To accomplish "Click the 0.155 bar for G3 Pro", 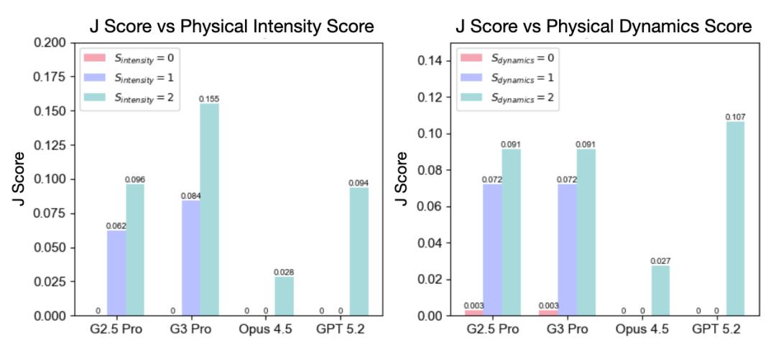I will tap(209, 209).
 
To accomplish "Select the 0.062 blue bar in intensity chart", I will tap(116, 273).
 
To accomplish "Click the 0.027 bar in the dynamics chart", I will tap(660, 291).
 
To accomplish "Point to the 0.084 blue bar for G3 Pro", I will tap(190, 258).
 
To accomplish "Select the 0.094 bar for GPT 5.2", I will tap(359, 251).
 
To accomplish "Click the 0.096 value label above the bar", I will tap(135, 179).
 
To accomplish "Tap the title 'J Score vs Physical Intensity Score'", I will tap(231, 27).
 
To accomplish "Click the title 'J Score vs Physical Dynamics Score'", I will tap(604, 27).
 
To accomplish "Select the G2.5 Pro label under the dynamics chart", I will tap(492, 330).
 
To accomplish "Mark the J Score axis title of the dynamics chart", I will tap(402, 179).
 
